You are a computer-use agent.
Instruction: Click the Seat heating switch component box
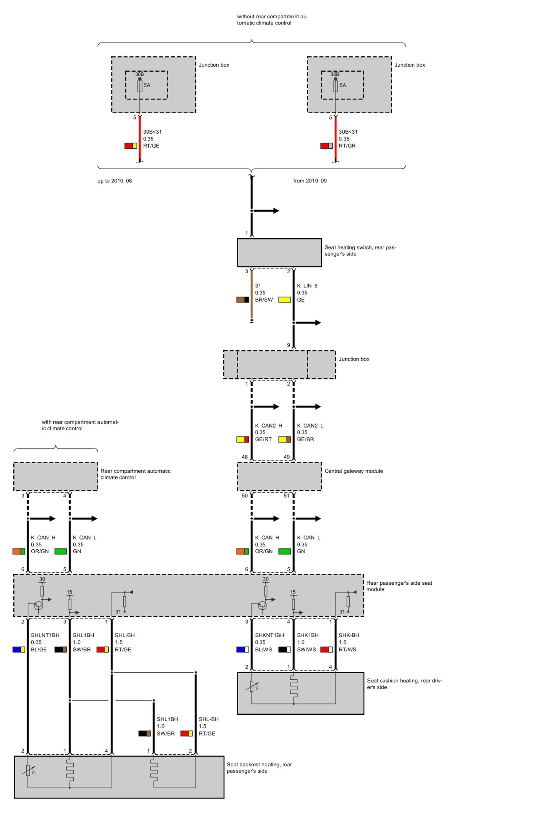279,252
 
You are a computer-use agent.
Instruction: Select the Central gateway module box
279,476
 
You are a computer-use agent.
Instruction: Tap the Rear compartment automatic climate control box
55,476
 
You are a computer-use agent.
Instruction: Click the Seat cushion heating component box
300,693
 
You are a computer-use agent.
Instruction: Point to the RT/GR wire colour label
347,146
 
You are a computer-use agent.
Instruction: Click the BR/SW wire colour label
264,300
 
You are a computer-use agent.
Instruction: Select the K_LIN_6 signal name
307,286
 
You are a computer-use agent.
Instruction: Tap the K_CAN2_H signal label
269,426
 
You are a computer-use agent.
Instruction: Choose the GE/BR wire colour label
305,439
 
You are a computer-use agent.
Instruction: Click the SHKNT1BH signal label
269,635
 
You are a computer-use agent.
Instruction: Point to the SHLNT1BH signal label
45,635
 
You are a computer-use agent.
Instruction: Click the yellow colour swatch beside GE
284,300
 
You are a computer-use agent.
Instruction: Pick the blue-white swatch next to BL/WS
242,649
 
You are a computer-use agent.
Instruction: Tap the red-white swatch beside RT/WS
326,649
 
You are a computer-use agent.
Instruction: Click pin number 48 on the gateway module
245,457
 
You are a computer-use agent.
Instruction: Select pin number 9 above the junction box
289,345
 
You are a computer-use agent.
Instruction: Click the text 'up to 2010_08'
115,181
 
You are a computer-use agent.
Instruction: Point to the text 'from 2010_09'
310,181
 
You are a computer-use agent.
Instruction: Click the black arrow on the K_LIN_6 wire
308,323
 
